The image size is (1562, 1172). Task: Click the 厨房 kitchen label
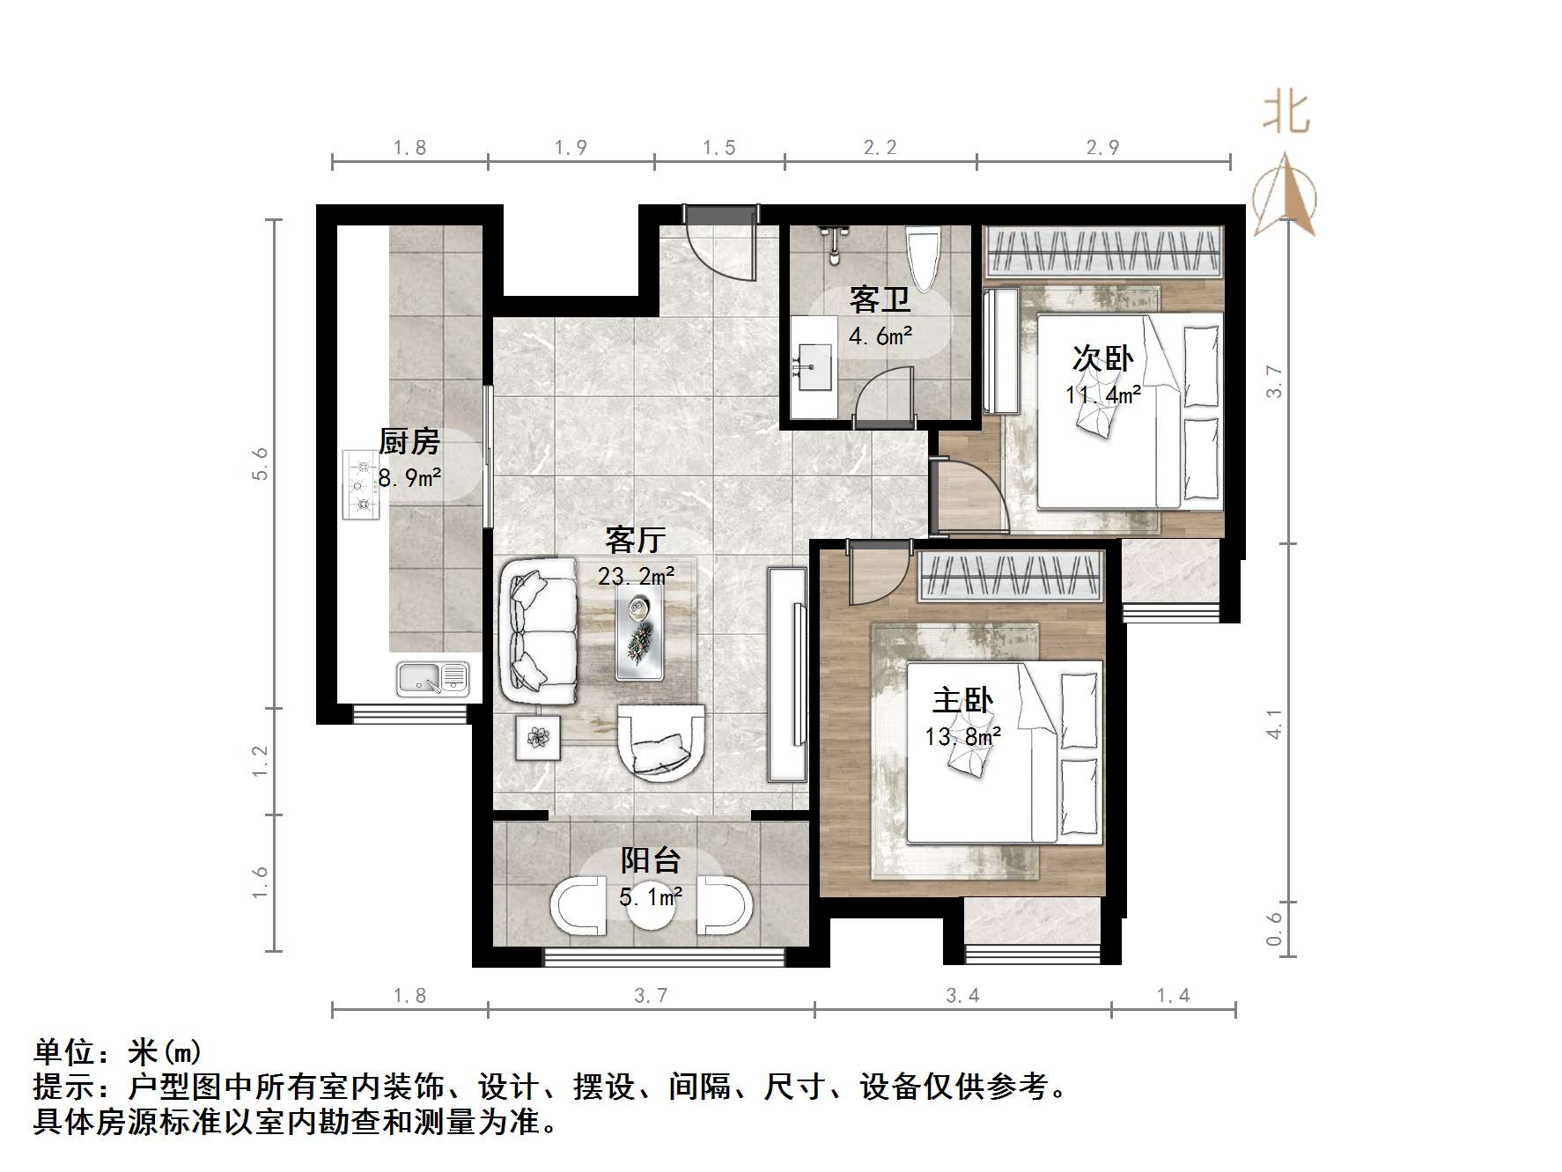click(409, 441)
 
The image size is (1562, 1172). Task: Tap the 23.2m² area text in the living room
click(636, 577)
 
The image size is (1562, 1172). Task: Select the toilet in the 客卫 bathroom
click(923, 257)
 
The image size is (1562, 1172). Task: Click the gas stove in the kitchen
click(361, 485)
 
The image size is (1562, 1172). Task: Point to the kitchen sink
click(432, 678)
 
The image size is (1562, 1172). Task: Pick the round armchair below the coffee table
click(660, 742)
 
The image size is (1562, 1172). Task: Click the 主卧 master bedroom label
click(962, 701)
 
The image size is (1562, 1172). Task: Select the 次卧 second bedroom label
click(1102, 359)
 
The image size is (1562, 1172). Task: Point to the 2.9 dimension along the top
click(1102, 148)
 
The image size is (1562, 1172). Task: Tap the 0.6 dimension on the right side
click(1275, 928)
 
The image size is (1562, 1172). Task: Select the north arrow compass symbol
click(1285, 196)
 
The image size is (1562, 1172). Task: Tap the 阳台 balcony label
click(651, 860)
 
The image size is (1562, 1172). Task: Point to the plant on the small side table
click(537, 736)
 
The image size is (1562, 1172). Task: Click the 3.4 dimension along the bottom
click(962, 995)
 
